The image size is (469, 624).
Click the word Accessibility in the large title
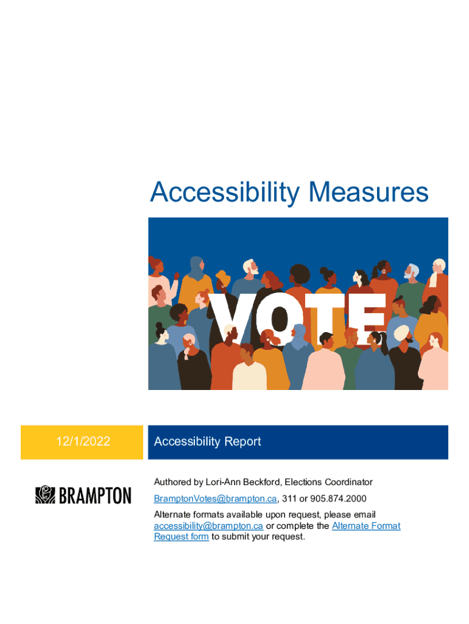click(x=225, y=193)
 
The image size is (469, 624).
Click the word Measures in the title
click(x=368, y=192)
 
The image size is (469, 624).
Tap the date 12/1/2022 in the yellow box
click(x=83, y=441)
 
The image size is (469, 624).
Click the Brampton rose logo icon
click(x=45, y=495)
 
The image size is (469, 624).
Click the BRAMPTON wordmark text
click(x=95, y=495)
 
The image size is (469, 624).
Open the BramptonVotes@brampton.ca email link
click(x=215, y=498)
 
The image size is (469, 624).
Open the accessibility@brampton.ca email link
click(x=208, y=526)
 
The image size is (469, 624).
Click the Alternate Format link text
click(x=366, y=526)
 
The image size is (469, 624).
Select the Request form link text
click(x=182, y=536)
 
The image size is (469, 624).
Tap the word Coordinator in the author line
click(x=348, y=482)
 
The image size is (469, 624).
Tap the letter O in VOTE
click(x=279, y=319)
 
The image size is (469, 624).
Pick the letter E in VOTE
click(x=367, y=319)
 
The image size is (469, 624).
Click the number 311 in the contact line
click(x=289, y=498)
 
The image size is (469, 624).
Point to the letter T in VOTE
click(x=325, y=319)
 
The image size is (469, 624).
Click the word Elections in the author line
click(x=303, y=482)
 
